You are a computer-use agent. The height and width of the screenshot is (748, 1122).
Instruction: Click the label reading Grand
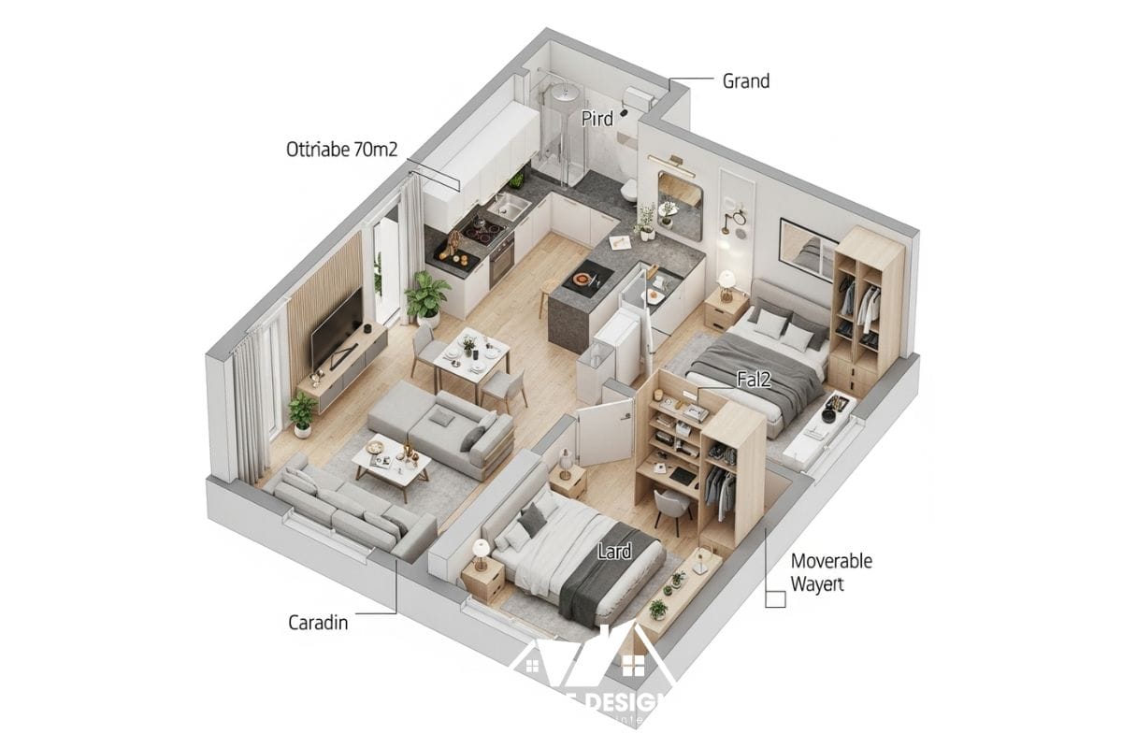(746, 81)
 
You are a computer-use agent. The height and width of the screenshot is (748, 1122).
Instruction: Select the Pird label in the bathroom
(597, 119)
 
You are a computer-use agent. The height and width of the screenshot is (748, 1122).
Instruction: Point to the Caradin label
(318, 622)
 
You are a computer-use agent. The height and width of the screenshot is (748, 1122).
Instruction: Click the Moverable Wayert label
(830, 572)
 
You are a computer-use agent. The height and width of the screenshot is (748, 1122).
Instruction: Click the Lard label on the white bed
(614, 552)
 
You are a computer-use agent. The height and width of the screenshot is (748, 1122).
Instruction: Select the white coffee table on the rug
(392, 464)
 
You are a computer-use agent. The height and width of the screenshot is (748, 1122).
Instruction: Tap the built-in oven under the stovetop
(501, 263)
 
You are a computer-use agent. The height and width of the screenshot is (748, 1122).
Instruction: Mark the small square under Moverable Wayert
(774, 599)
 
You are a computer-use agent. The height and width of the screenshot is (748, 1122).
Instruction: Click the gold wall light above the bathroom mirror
(675, 165)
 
